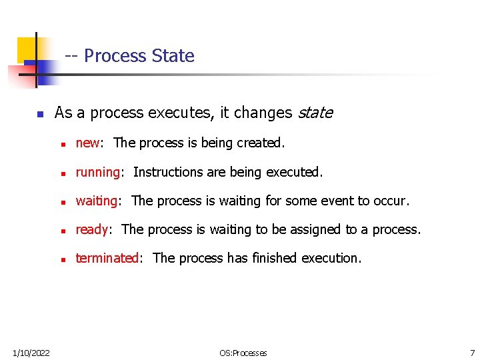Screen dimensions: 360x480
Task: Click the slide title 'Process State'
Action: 139,56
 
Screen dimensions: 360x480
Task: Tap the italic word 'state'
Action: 315,113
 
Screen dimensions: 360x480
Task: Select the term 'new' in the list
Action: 87,143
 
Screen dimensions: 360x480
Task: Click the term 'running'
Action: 98,173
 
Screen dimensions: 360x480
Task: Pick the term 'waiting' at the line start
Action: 97,201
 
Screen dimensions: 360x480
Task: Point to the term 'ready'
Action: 92,230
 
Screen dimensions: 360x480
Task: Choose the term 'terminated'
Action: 107,259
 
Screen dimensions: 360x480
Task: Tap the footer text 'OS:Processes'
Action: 243,353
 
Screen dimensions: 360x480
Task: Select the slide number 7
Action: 472,353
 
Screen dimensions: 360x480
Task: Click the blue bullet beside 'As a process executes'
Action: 40,114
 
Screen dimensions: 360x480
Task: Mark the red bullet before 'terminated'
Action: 62,259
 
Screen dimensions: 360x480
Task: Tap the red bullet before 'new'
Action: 62,144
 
